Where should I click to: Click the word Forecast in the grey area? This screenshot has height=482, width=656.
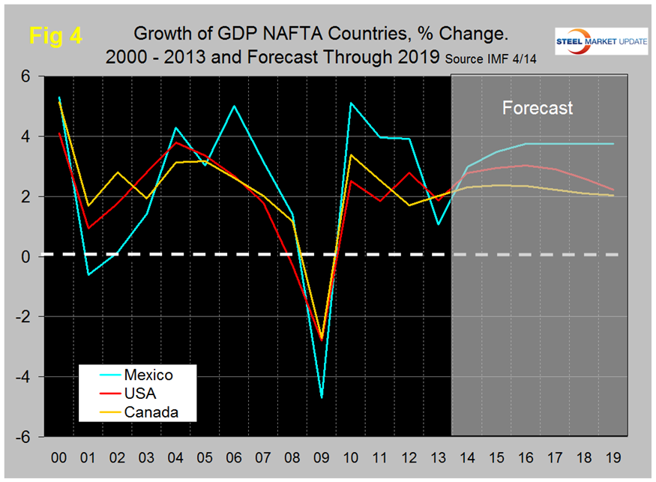tap(537, 108)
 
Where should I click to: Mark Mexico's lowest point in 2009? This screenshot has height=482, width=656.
tap(322, 397)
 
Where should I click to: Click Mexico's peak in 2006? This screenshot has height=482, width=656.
tap(234, 106)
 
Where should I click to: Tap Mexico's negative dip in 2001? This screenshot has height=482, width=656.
tap(88, 274)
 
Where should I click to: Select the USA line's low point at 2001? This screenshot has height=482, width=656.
tap(88, 228)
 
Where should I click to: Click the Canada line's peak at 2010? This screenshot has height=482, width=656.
tap(351, 155)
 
